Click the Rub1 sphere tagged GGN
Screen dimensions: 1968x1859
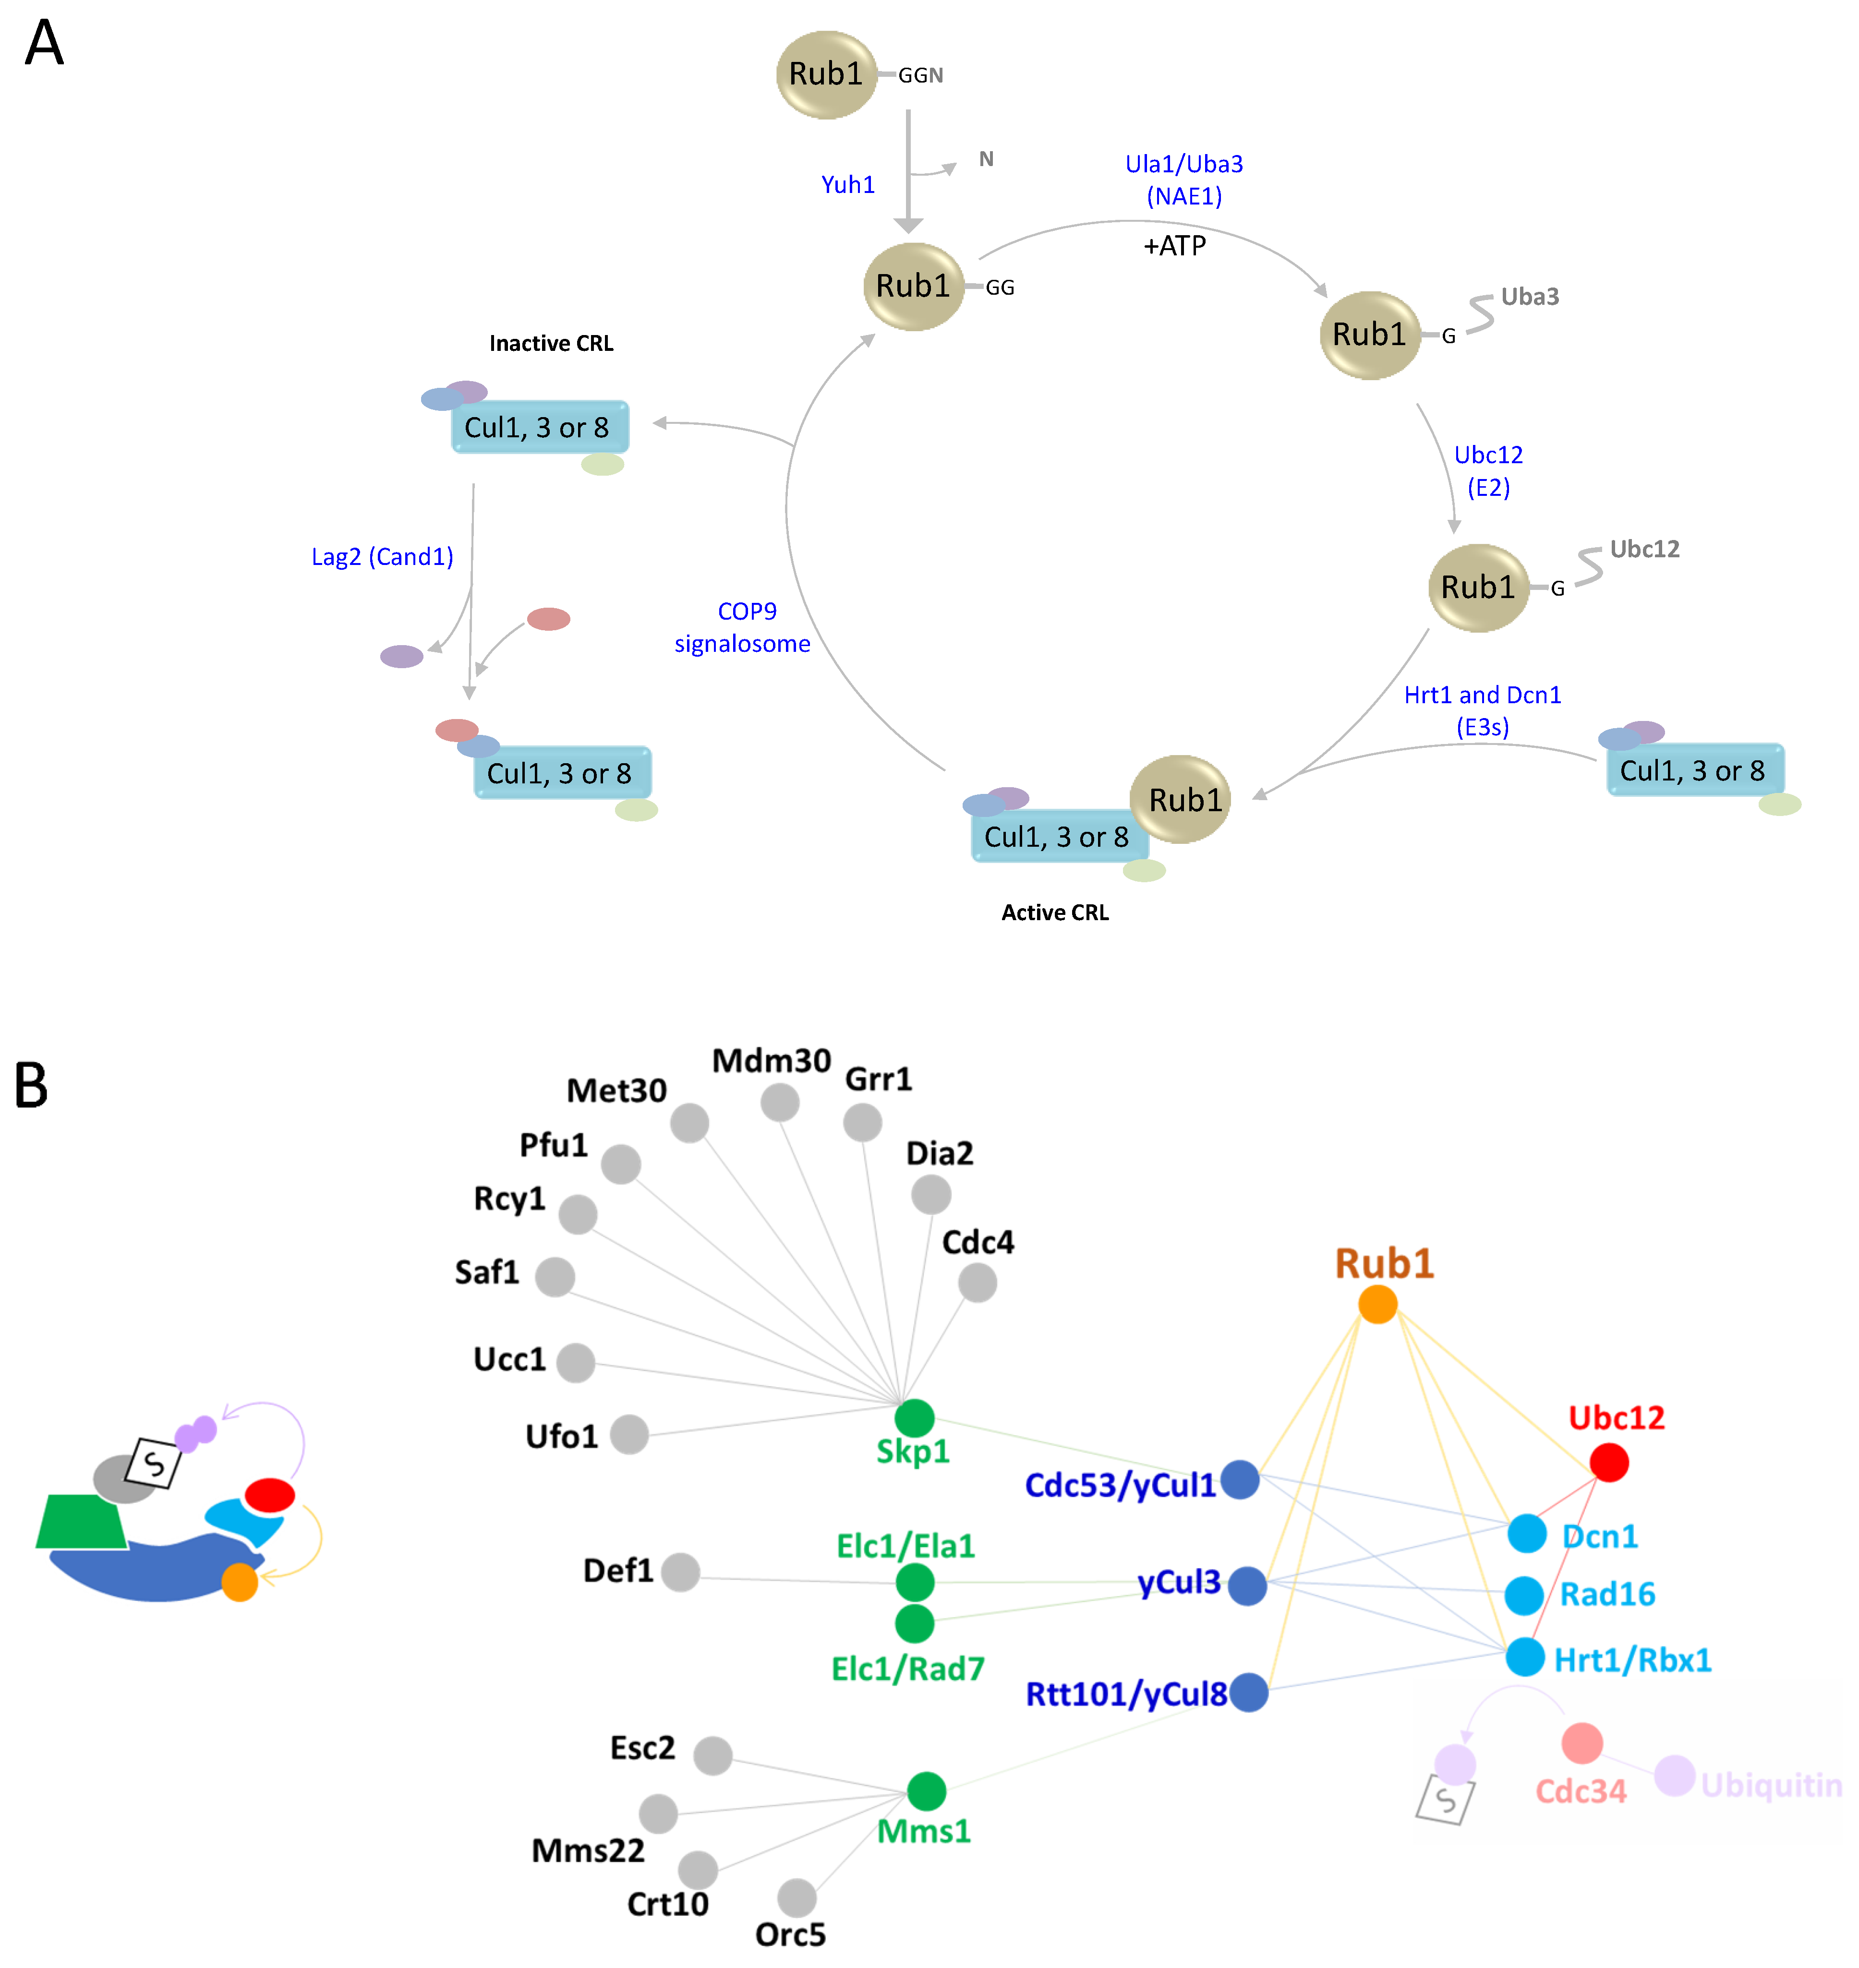[x=825, y=74]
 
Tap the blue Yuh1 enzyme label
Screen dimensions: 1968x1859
[x=847, y=184]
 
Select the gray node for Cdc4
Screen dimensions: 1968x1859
[x=977, y=1283]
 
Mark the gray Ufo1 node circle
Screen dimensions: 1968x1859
[x=629, y=1434]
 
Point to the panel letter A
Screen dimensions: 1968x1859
[x=45, y=45]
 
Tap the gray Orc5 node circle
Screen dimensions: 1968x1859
[x=797, y=1897]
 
